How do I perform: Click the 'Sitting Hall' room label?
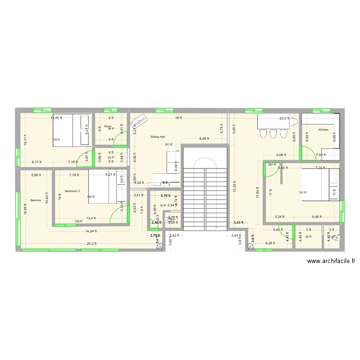coord(157,137)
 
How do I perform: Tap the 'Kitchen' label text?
coord(323,130)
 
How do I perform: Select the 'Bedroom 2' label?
coord(72,191)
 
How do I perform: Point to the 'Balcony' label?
coord(35,200)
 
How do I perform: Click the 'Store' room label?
coord(108,126)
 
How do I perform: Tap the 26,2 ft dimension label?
coord(91,243)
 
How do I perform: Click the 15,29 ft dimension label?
coord(234,187)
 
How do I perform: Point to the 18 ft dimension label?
coord(177,118)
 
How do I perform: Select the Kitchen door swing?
coord(307,153)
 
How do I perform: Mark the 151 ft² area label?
coord(302,193)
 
